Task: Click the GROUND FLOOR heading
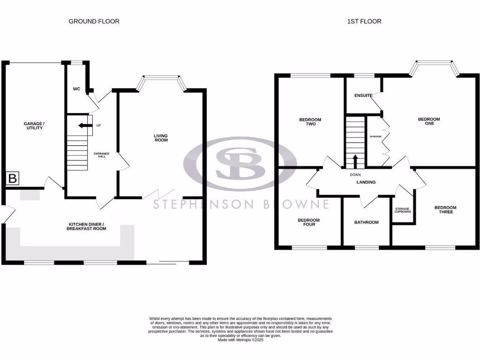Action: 94,21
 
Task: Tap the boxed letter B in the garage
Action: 13,178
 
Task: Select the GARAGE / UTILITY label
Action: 34,126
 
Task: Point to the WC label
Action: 76,89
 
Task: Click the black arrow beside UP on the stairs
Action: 85,126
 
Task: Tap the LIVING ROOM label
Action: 161,138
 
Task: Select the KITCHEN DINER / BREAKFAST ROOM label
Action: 86,226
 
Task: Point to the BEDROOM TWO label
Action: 310,122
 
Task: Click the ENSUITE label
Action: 363,96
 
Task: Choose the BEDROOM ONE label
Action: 429,122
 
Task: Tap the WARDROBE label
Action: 375,136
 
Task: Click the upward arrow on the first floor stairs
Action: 355,162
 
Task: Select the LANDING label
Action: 366,182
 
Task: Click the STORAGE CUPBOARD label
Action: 403,210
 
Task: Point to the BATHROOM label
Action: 366,222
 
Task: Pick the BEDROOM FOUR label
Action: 309,222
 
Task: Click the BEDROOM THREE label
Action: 445,210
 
